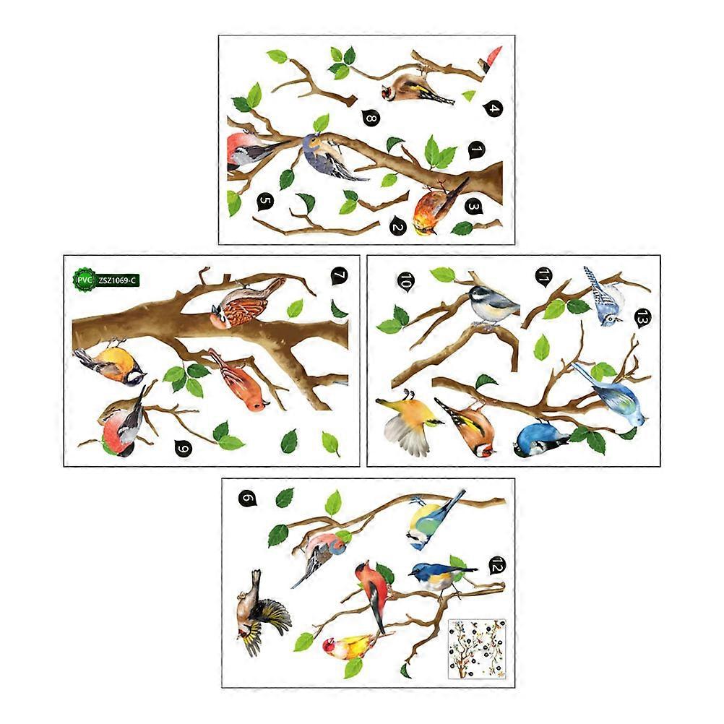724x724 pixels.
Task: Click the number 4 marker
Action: click(x=493, y=108)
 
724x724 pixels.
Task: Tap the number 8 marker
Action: click(x=371, y=118)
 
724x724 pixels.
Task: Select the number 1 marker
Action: click(x=477, y=150)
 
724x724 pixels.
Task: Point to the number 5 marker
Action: click(x=265, y=202)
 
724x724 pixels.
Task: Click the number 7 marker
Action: click(x=339, y=276)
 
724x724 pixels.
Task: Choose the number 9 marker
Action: click(x=184, y=448)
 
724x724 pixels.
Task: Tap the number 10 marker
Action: click(x=406, y=281)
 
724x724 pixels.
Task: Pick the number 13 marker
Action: click(x=642, y=318)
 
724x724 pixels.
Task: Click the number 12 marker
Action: click(x=497, y=565)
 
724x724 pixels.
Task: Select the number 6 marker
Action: click(x=248, y=499)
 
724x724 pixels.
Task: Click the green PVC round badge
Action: click(x=84, y=280)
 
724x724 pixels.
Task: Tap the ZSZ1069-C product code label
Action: click(x=117, y=280)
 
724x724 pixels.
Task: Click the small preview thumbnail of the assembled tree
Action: click(x=477, y=649)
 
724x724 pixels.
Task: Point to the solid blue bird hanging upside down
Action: click(x=539, y=439)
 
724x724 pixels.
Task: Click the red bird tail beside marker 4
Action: click(x=491, y=59)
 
